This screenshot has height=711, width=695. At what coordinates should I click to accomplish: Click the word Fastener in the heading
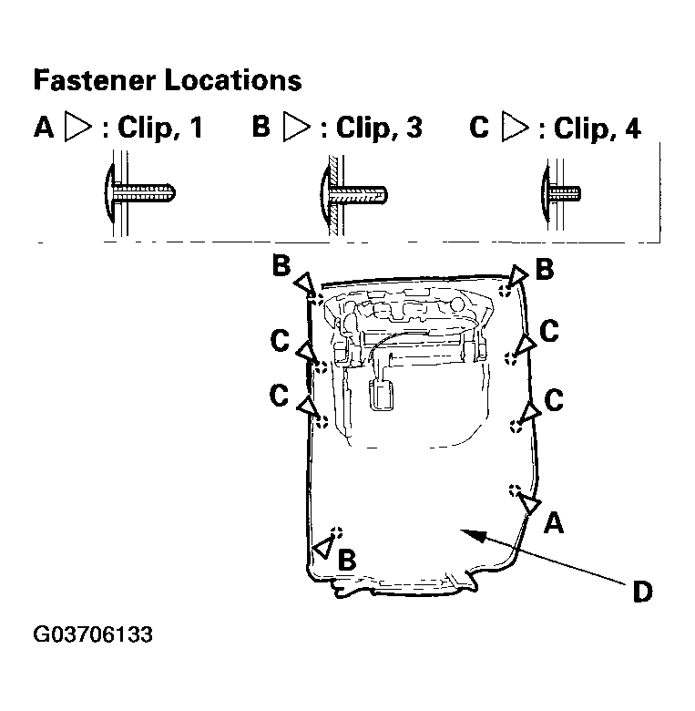pos(94,81)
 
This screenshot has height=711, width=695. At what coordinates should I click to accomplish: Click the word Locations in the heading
pos(233,81)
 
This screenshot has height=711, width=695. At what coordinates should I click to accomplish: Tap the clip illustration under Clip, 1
pos(139,193)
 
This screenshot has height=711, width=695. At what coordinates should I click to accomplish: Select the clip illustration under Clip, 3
pos(353,195)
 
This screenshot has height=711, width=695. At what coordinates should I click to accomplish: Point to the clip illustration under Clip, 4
pos(560,194)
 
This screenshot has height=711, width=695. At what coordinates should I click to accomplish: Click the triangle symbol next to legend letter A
pos(78,126)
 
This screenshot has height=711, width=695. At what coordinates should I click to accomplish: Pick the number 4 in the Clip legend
pos(633,128)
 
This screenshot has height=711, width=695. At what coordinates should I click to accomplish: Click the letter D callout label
pos(642,592)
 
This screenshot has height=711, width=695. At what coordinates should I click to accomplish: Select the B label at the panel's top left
pos(281,265)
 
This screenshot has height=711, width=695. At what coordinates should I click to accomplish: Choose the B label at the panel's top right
pos(545,268)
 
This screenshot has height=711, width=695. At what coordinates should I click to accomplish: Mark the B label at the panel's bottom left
pos(347,560)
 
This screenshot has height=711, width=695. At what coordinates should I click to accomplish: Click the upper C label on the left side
pos(280,340)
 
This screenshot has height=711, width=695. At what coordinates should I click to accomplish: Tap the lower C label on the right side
pos(554,400)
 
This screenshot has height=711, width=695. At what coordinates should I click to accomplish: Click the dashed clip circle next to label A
pos(515,490)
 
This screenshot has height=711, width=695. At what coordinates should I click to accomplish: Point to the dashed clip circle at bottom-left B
pos(336,533)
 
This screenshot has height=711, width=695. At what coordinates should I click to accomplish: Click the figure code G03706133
pos(93,634)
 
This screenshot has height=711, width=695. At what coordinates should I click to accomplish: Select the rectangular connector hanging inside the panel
pos(382,395)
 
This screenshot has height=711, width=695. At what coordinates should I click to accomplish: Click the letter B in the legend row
pos(261,126)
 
